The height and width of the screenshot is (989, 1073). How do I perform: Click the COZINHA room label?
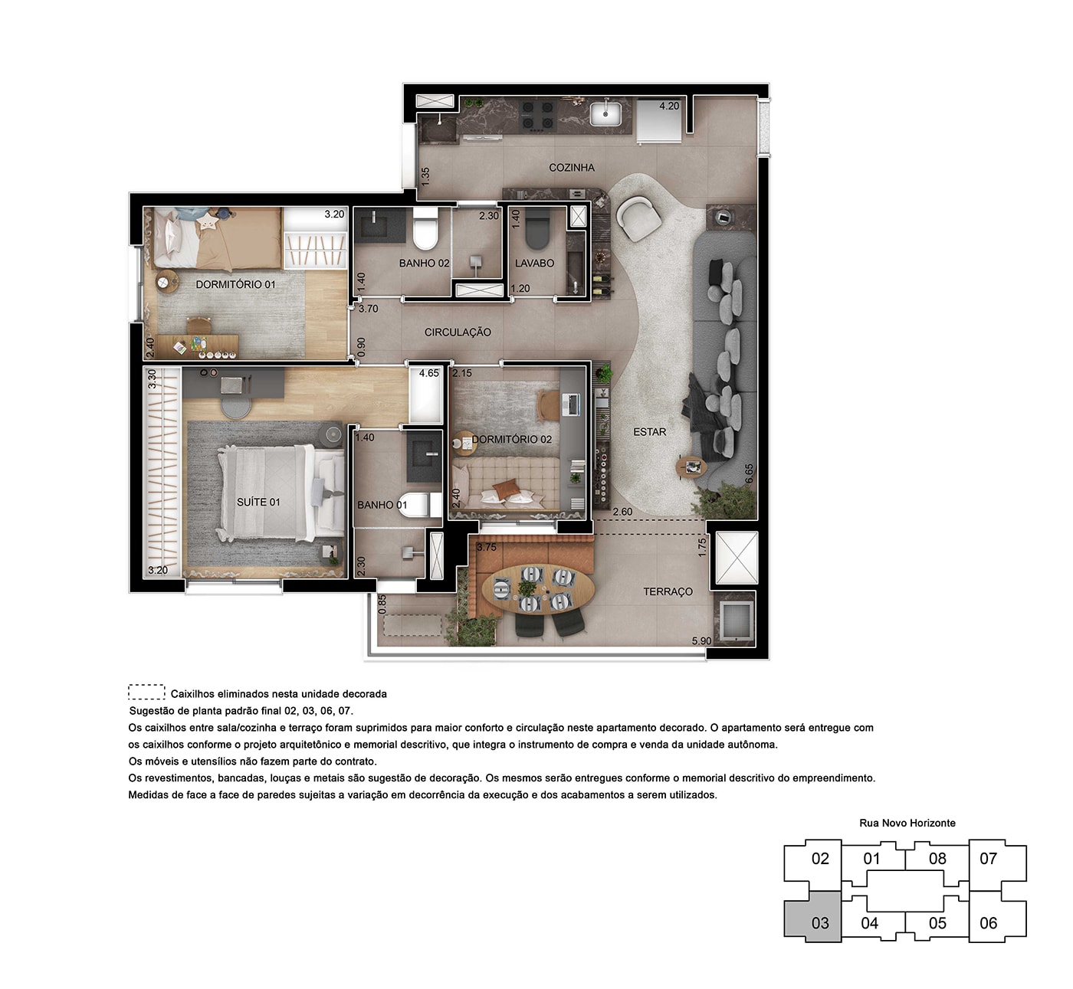[572, 168]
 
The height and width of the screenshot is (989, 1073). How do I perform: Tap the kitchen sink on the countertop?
[605, 113]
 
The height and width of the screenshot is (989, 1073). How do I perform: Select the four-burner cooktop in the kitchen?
[539, 116]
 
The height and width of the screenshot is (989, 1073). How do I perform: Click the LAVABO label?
[534, 263]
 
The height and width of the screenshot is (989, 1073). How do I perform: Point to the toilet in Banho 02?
[425, 230]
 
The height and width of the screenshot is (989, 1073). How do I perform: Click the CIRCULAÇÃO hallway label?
[458, 332]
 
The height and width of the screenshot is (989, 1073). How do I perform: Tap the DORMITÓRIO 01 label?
[235, 284]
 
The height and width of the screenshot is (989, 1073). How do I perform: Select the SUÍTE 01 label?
[258, 503]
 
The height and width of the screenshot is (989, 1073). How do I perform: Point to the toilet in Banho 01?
[417, 505]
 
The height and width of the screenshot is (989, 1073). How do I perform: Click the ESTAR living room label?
[649, 432]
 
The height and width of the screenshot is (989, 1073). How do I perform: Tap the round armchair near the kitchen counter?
[639, 219]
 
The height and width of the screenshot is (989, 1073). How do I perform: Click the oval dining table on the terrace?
[538, 589]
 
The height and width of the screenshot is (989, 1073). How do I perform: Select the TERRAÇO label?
[668, 592]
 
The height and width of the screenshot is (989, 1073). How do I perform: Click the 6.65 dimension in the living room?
[749, 473]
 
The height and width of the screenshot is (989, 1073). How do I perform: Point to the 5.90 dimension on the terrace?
[702, 641]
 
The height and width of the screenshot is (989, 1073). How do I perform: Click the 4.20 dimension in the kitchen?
[669, 106]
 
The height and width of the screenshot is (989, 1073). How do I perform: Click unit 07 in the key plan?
[988, 858]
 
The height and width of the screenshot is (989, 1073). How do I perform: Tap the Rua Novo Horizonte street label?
[907, 824]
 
